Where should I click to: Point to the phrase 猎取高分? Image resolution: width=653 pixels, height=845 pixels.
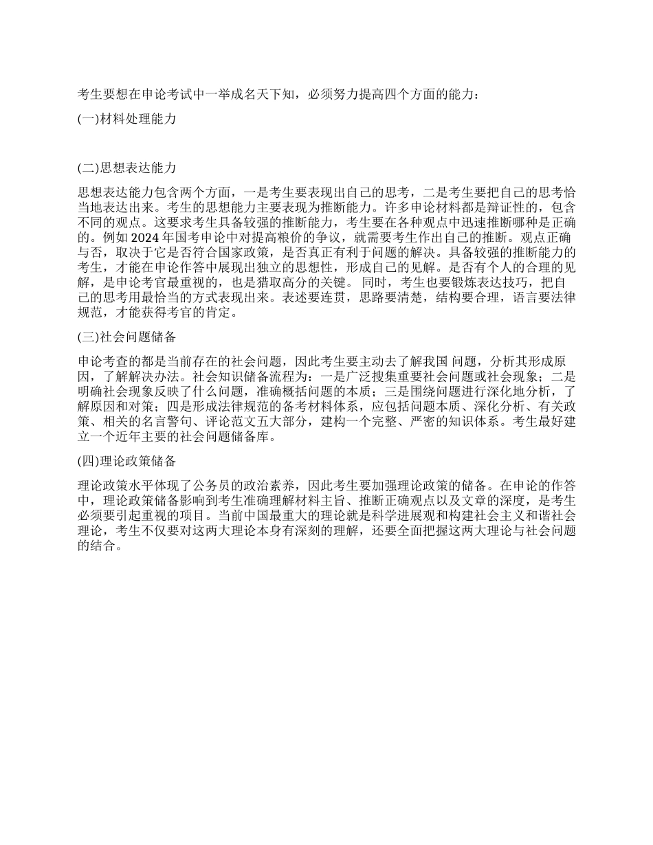tap(291, 282)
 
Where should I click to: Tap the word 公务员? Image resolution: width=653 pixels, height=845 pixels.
tap(219, 485)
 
